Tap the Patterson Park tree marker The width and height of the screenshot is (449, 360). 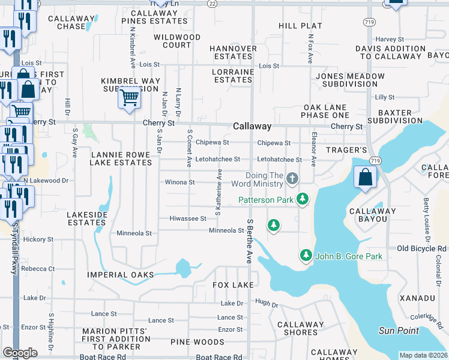tap(303, 199)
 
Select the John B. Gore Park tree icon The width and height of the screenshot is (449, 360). tap(306, 256)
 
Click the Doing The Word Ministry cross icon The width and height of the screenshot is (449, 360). tap(292, 178)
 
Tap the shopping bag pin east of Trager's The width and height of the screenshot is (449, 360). tap(365, 178)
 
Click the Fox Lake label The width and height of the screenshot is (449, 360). tap(234, 284)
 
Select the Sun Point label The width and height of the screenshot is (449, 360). tap(399, 331)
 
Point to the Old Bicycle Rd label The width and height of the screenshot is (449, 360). tap(422, 248)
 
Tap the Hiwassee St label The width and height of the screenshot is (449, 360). tap(188, 218)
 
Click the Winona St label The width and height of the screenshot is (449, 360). tap(179, 182)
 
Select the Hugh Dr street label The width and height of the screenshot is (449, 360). tap(267, 304)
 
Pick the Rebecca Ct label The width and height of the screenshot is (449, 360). tap(38, 269)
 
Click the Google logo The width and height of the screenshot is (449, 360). tap(20, 353)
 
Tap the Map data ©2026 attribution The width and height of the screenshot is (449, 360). tap(423, 355)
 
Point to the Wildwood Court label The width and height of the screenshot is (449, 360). tap(177, 41)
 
